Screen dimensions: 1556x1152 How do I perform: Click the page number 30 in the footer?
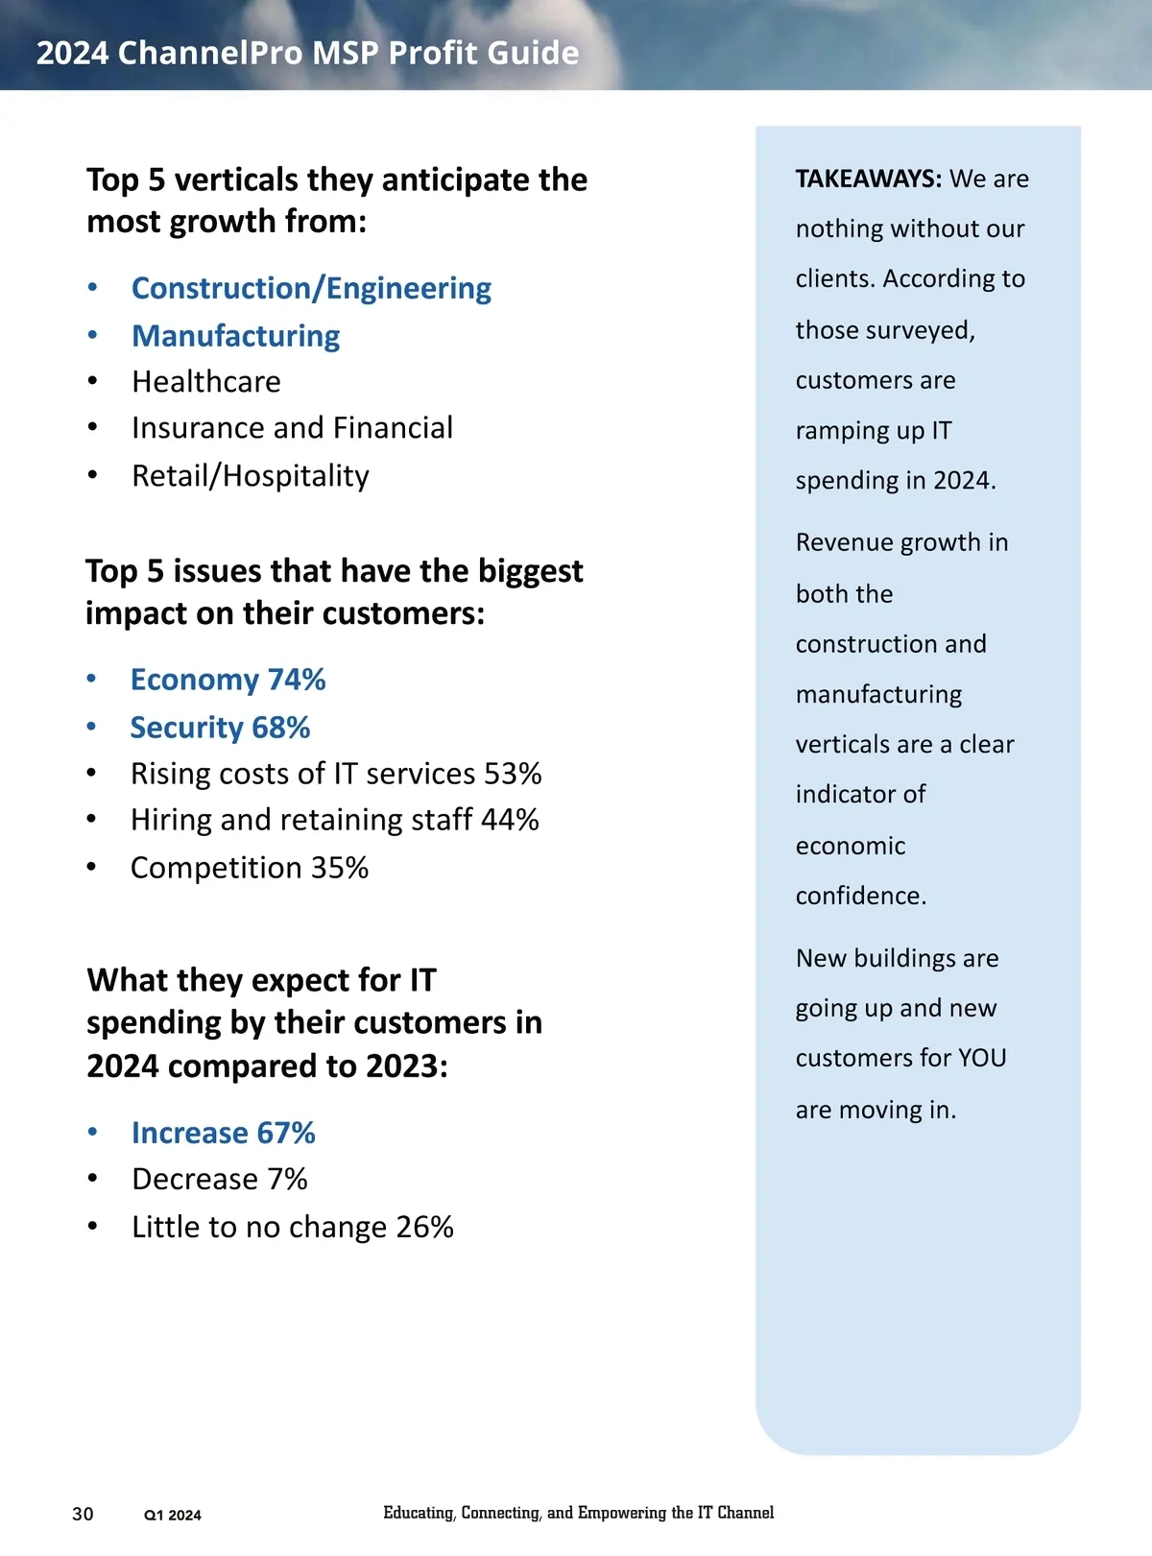84,1514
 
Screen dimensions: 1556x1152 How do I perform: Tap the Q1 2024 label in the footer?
173,1515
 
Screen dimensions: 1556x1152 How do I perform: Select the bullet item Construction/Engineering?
311,288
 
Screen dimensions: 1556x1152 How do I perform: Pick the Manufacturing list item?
236,336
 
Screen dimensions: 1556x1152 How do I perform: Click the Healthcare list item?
206,382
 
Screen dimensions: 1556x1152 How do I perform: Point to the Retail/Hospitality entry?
251,476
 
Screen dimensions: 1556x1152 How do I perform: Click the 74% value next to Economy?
297,680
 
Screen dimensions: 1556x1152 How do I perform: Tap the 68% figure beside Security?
281,728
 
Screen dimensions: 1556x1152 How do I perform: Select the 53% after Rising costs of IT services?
513,774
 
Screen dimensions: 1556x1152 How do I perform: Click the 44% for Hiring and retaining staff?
510,820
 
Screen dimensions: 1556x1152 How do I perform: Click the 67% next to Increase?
286,1133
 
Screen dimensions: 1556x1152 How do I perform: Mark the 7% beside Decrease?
287,1179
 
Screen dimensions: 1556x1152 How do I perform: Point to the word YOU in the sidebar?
982,1058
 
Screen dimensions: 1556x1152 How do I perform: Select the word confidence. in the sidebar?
861,896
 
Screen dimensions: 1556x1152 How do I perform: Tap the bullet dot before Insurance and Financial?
92,428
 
